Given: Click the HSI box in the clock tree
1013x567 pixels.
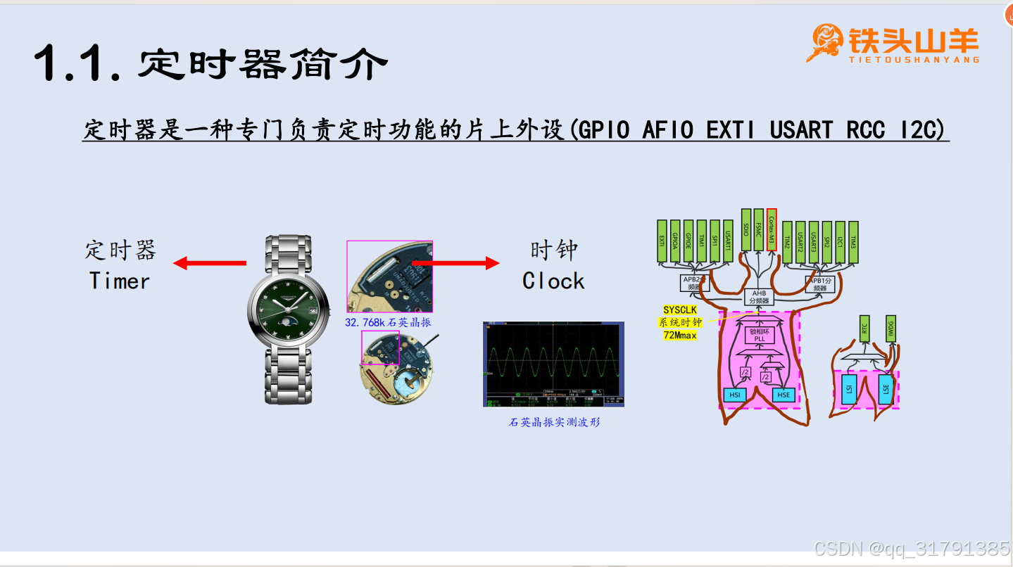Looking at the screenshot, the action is pyautogui.click(x=735, y=395).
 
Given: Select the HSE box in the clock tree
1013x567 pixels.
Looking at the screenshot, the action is pyautogui.click(x=784, y=395).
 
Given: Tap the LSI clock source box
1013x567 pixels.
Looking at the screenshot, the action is pyautogui.click(x=848, y=389).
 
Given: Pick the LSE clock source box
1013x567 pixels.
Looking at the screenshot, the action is pyautogui.click(x=886, y=389).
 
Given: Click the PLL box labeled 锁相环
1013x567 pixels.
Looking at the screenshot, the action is pyautogui.click(x=759, y=334).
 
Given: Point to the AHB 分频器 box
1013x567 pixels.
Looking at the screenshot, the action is pyautogui.click(x=759, y=297).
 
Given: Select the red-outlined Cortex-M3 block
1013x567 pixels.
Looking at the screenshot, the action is pyautogui.click(x=772, y=229).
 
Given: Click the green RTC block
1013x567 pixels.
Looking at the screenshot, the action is pyautogui.click(x=864, y=329).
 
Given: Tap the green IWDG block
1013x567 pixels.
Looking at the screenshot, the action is pyautogui.click(x=891, y=329).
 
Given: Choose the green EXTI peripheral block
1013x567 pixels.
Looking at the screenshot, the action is pyautogui.click(x=662, y=241).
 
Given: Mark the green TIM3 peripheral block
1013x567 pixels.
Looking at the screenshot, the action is pyautogui.click(x=853, y=241).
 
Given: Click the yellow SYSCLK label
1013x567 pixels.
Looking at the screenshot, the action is pyautogui.click(x=679, y=310).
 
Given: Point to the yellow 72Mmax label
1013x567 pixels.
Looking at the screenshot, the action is pyautogui.click(x=679, y=336).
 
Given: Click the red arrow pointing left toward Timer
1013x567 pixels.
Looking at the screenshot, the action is pyautogui.click(x=209, y=263).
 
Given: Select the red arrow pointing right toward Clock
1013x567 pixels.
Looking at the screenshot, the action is pyautogui.click(x=456, y=263).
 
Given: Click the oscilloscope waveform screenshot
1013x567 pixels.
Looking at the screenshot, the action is pyautogui.click(x=553, y=364).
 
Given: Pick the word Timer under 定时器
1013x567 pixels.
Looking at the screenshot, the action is pyautogui.click(x=120, y=281).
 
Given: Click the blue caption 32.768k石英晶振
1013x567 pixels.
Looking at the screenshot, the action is pyautogui.click(x=387, y=322).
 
